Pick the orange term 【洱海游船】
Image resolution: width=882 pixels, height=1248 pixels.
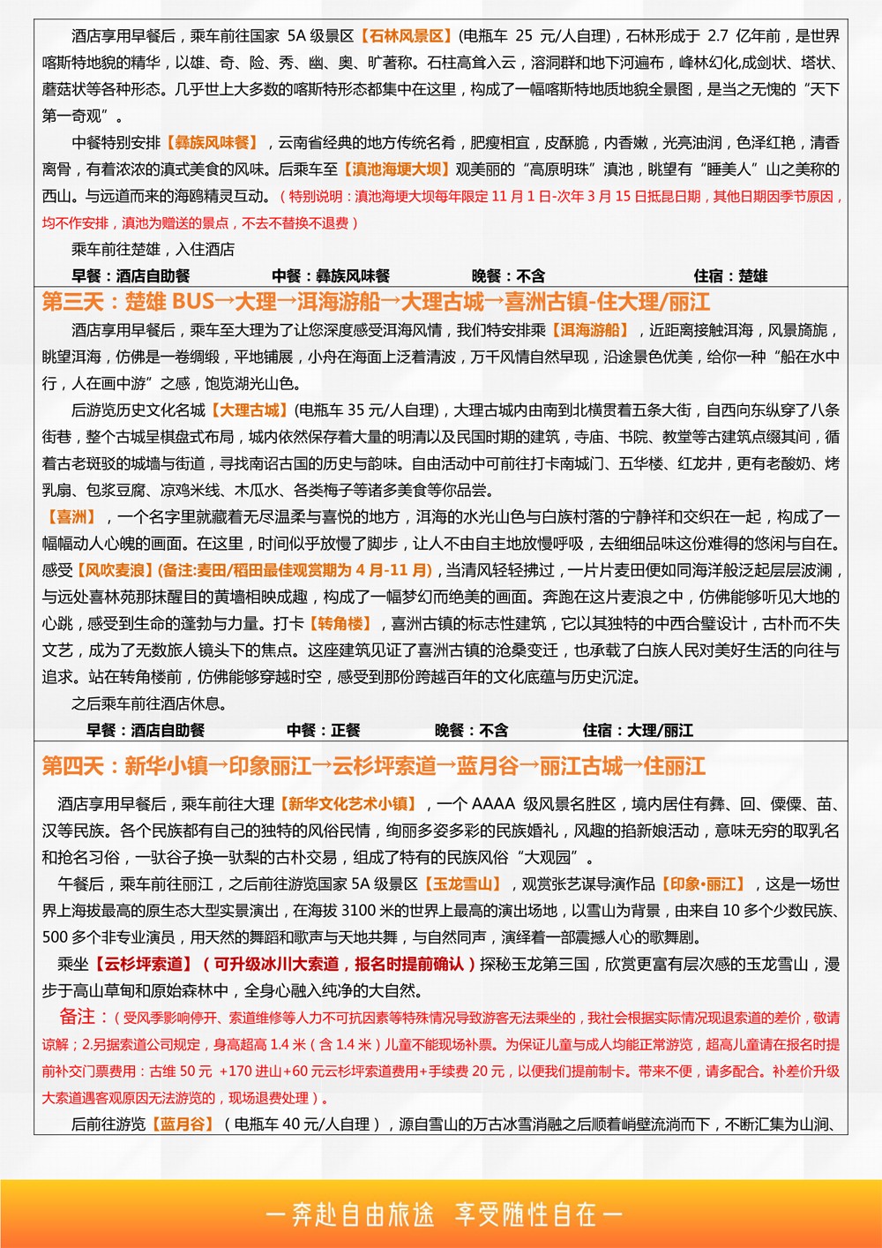pos(590,330)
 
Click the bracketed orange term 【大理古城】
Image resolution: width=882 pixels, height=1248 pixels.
pos(250,410)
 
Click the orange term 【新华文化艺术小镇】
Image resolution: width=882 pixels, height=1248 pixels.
pos(347,804)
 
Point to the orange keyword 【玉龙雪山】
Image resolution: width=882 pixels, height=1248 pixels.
pos(463,884)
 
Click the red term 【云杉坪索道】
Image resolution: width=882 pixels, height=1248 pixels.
pos(143,964)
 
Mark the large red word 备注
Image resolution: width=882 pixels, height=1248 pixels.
pos(77,1017)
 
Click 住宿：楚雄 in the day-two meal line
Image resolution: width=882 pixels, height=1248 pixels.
pos(730,276)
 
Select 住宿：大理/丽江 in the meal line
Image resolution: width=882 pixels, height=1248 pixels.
pos(637,731)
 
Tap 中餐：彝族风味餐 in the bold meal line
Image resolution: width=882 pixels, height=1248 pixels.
pos(331,276)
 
